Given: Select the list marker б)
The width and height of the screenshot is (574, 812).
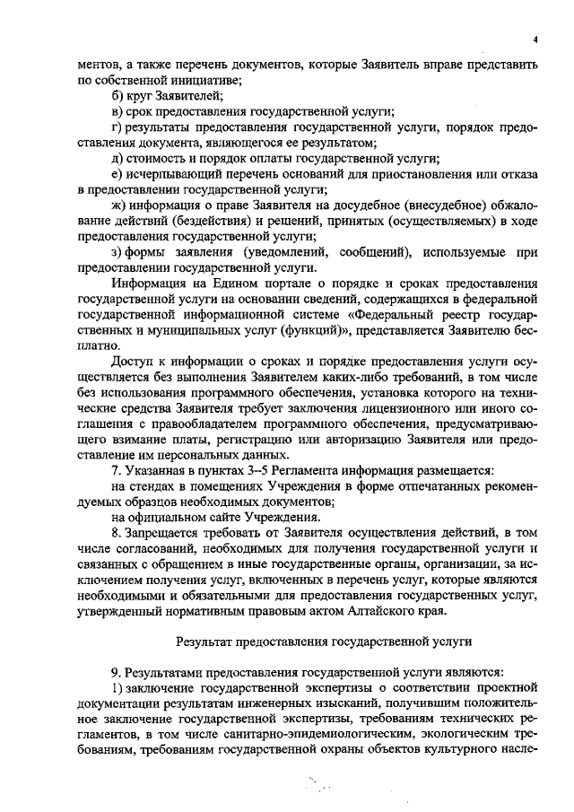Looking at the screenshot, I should coord(117,96).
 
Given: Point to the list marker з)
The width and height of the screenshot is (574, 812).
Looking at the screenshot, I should coord(117,253).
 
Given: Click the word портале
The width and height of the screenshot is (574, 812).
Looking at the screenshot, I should coord(260,284).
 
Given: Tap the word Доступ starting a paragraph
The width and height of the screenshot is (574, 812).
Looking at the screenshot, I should coord(131,362).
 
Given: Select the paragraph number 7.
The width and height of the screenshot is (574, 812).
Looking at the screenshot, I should coord(115,473).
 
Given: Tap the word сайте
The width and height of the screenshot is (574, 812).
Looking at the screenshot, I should coord(222,520).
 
